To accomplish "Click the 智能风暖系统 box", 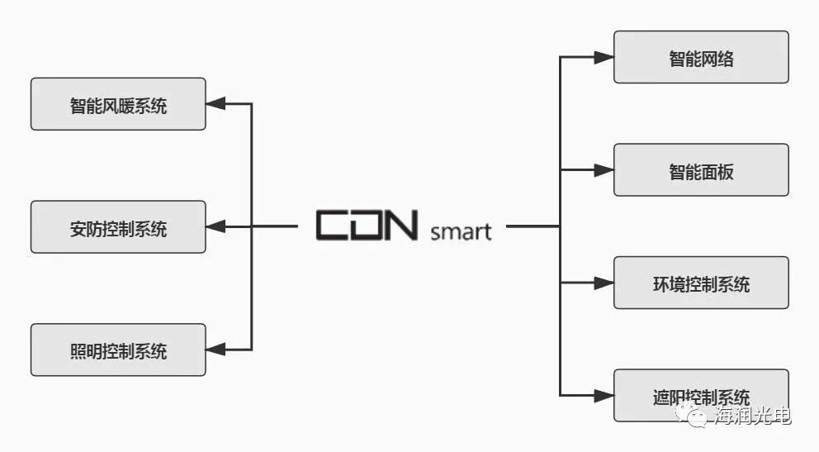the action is click(118, 104).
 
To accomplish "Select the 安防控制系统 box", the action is click(118, 226).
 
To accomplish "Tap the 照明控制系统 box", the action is click(118, 350).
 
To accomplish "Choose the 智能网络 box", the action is click(701, 57).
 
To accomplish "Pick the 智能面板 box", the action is click(701, 170).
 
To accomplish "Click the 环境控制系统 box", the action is click(701, 283).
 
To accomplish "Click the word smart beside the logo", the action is click(461, 231).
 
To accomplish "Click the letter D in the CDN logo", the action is click(367, 226).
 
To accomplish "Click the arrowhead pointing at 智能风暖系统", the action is click(215, 104).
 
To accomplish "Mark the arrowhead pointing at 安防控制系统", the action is click(215, 226).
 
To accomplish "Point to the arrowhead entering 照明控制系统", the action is click(215, 350).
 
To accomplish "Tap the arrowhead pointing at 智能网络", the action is click(604, 58).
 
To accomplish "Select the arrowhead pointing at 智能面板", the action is click(604, 170).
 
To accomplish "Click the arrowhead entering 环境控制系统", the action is click(604, 283).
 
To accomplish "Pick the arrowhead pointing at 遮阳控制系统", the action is click(604, 395).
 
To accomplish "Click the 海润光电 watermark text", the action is click(752, 416).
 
